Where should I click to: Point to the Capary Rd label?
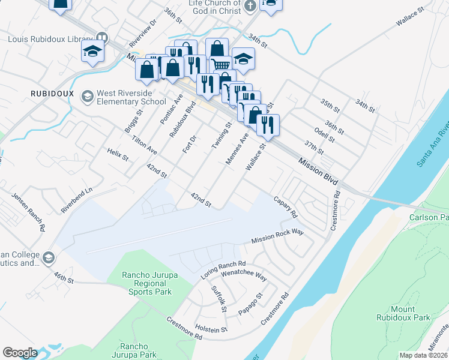tap(285, 206)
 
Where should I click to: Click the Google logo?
tap(20, 353)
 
